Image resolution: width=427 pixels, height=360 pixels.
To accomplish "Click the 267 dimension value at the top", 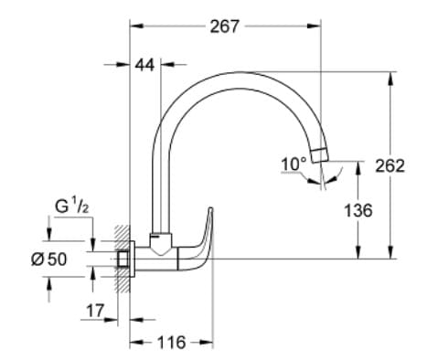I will pos(225,26).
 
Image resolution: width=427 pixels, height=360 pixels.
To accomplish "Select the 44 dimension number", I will pos(144,65).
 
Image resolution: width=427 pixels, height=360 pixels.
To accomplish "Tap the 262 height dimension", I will pos(390,165).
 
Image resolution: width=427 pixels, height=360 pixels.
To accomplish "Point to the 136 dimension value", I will pos(357,210).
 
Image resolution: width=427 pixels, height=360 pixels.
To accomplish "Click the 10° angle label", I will pos(294,164).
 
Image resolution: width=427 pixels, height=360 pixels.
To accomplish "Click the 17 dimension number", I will pos(94,311).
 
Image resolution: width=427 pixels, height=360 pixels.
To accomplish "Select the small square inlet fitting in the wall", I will pos(122,259).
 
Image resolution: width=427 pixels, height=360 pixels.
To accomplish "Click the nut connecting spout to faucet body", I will pos(162,240).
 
